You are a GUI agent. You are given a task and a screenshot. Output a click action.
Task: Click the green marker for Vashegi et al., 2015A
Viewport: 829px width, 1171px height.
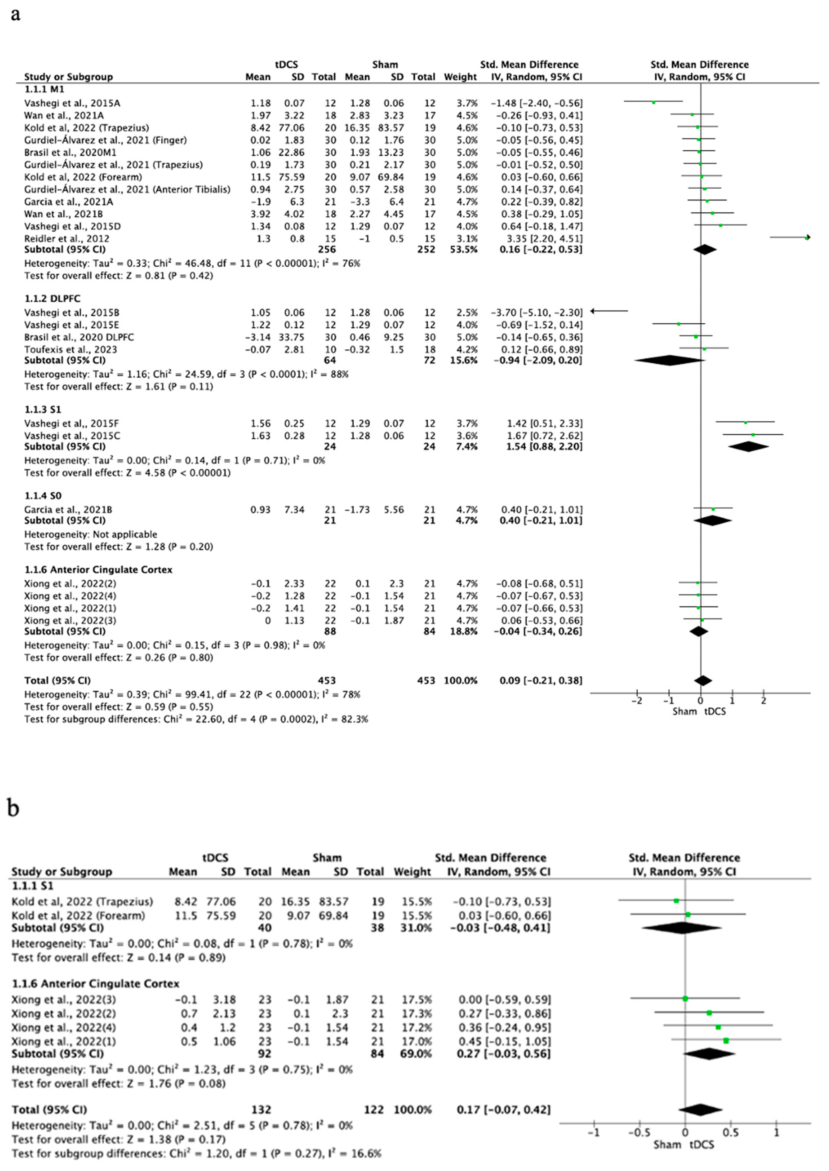[653, 103]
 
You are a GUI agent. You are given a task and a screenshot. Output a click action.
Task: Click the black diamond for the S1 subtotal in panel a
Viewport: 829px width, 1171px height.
[748, 447]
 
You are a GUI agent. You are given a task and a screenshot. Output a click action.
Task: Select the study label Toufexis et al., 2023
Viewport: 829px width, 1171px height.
[71, 350]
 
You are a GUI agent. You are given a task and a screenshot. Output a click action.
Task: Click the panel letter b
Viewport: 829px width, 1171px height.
[14, 808]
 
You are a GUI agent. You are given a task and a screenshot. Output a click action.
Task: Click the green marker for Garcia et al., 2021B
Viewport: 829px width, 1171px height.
[713, 509]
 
